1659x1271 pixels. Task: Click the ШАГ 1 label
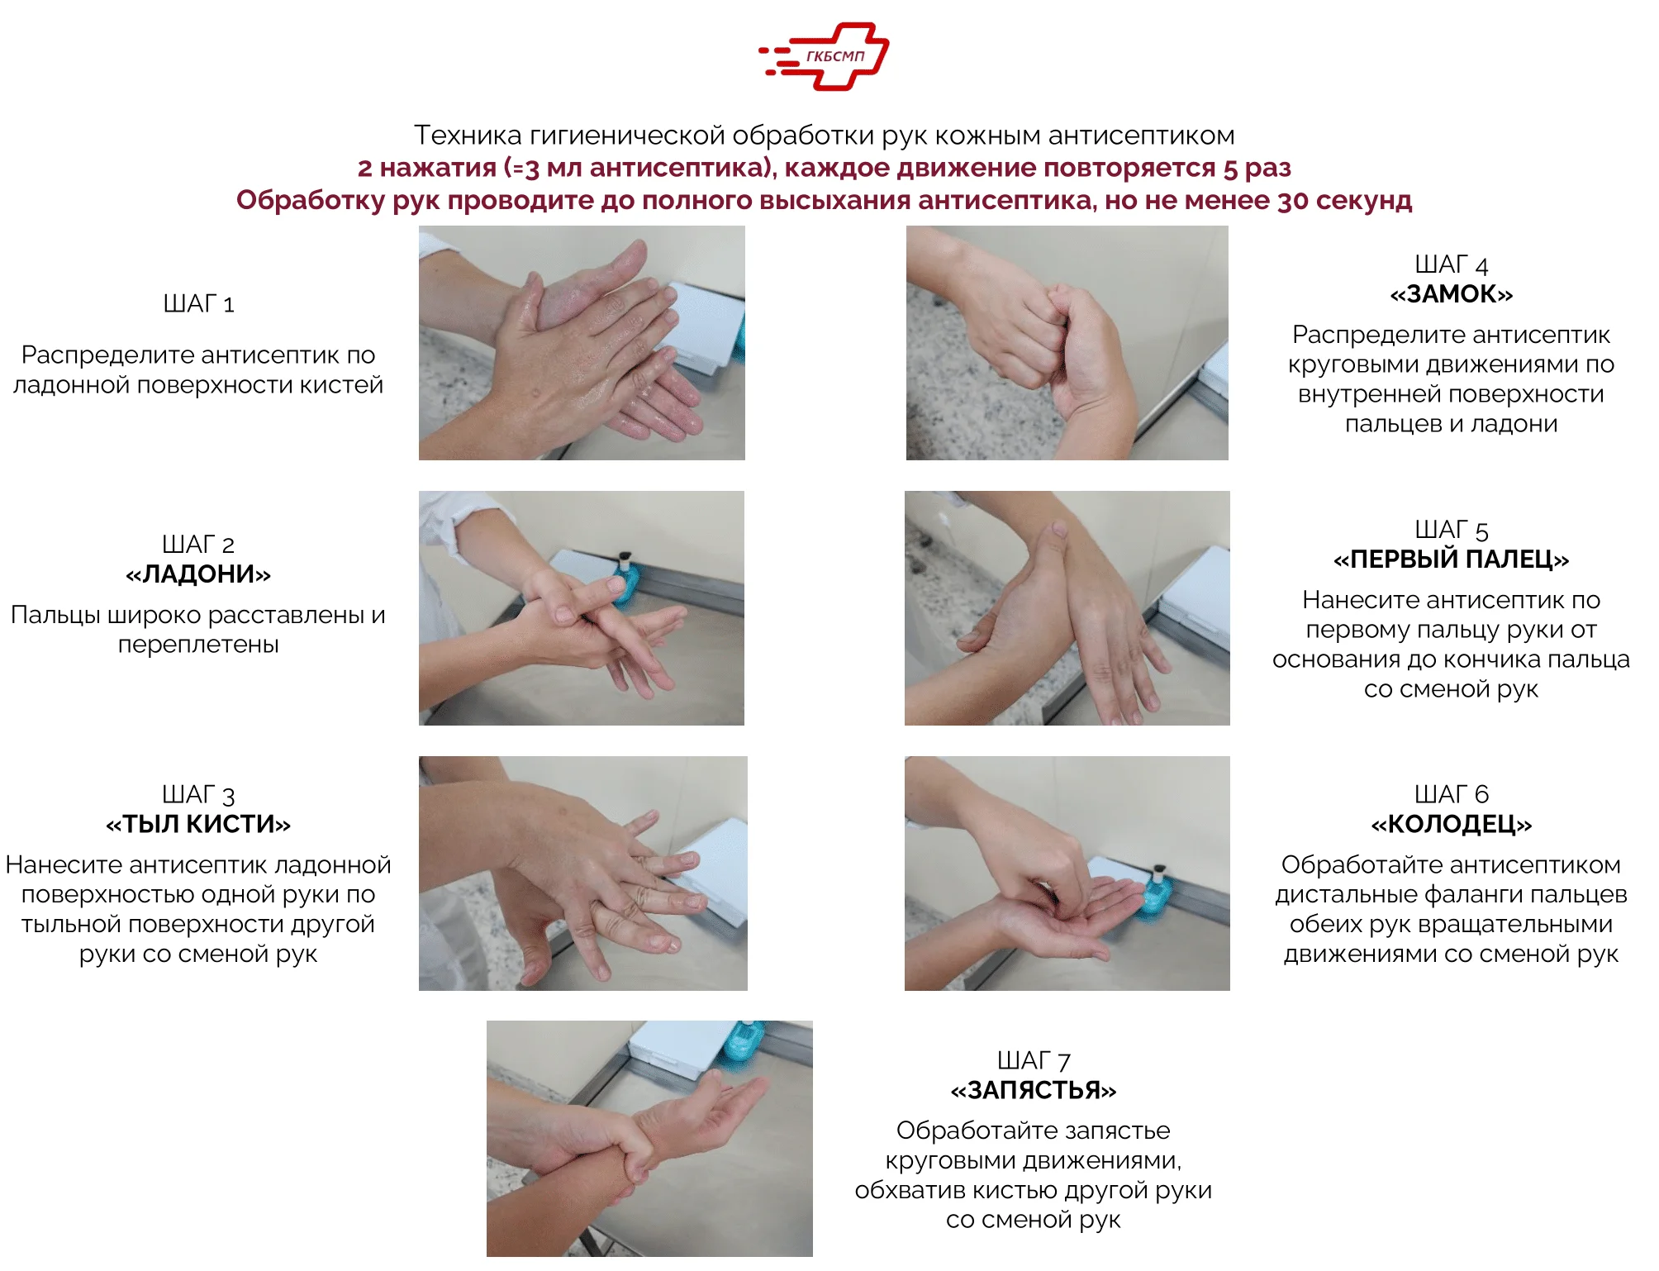point(198,304)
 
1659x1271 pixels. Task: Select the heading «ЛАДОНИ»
point(198,574)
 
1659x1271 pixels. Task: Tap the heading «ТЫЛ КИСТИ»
point(198,824)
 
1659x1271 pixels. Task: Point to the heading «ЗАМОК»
point(1451,294)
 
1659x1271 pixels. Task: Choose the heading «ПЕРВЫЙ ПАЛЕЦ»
point(1451,559)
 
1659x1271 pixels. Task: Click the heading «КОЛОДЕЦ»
point(1451,824)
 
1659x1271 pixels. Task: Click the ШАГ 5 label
point(1451,530)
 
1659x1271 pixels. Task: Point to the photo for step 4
point(1067,343)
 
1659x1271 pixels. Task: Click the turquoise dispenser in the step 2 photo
point(625,578)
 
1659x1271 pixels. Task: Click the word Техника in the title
point(468,135)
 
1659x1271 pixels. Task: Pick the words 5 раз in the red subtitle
point(1257,168)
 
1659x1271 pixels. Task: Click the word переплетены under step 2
point(198,645)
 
